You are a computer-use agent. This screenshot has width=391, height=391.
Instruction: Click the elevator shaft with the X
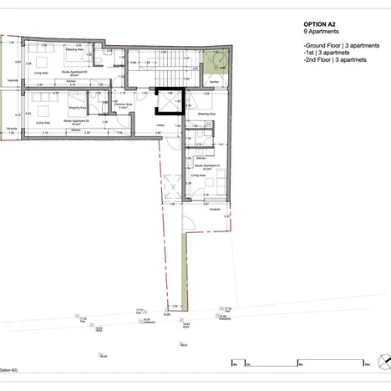click(165, 101)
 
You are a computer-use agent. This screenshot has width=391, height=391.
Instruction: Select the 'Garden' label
click(215, 81)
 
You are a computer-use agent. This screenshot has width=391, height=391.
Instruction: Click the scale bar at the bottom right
click(297, 362)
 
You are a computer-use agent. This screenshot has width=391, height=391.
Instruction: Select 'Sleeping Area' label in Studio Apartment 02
click(79, 107)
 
